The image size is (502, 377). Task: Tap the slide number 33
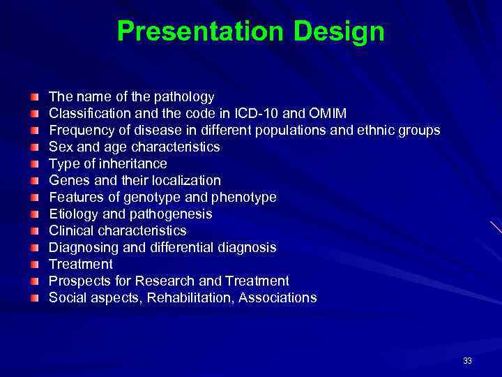[466, 361]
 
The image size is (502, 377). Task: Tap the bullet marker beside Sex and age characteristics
[35, 147]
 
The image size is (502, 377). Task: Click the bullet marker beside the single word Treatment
[35, 265]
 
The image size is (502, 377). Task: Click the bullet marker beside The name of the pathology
[35, 97]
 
